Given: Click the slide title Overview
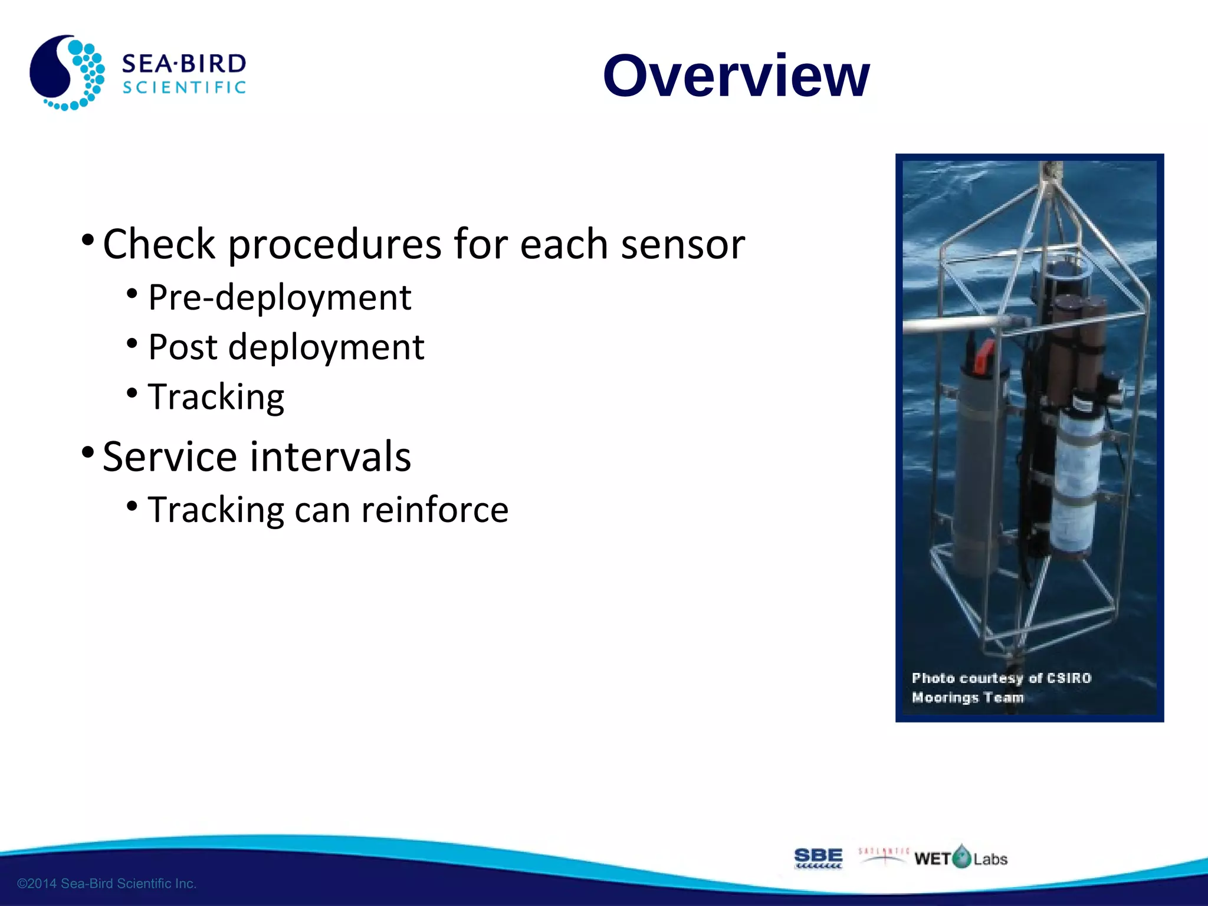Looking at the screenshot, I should [736, 76].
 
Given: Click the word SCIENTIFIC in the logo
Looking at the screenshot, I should [183, 88].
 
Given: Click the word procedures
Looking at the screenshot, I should [334, 244].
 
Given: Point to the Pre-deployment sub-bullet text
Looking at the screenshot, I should [279, 297].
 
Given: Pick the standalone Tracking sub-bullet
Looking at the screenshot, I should [216, 397].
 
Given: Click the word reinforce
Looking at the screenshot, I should [435, 510].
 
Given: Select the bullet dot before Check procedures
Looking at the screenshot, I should [88, 240].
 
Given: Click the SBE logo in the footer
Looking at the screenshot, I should [818, 858].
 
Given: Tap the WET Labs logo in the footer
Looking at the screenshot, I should [960, 858].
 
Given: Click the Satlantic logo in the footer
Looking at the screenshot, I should [883, 855].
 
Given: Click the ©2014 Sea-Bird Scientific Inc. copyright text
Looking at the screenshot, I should [107, 884].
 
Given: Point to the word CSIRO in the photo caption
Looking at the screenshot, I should [1069, 678].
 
